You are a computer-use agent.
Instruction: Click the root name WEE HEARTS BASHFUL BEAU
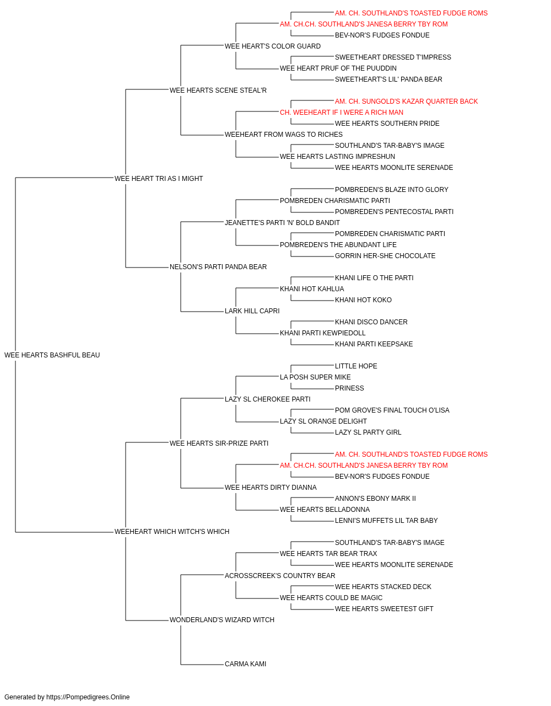point(52,355)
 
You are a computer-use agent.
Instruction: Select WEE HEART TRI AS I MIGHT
point(159,179)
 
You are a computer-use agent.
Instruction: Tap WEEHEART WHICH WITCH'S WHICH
point(172,532)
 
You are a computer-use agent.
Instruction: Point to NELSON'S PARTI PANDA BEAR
point(218,267)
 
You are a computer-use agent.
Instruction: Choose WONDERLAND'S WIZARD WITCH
point(222,620)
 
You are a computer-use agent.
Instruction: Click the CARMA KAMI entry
point(245,664)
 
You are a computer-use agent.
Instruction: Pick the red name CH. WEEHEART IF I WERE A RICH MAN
point(342,113)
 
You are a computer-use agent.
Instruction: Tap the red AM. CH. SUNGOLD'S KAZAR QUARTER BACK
point(406,101)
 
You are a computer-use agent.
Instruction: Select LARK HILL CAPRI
point(252,311)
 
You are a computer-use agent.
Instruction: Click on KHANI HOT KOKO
point(363,300)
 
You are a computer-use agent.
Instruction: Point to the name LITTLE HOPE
point(356,366)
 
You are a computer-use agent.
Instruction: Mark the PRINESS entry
point(349,388)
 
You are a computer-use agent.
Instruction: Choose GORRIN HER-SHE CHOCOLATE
point(385,256)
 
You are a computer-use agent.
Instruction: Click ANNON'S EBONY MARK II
point(375,499)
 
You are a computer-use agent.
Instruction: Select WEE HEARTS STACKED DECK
point(383,587)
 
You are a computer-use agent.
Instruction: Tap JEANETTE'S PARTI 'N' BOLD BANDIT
point(282,222)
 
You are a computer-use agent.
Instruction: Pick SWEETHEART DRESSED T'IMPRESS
point(393,57)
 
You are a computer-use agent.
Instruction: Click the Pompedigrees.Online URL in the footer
point(88,697)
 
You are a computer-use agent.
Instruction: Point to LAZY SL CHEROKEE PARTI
point(268,399)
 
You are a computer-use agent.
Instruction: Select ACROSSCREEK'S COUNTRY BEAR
point(280,576)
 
